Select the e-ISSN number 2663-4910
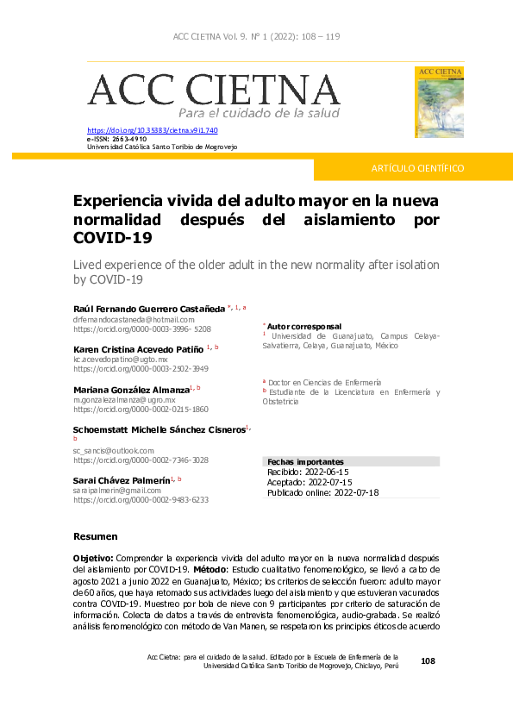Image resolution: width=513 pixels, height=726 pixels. (128, 139)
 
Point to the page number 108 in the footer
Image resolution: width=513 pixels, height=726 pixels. (429, 660)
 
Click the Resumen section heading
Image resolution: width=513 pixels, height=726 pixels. (96, 536)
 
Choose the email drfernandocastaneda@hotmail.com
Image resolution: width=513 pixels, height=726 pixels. (134, 319)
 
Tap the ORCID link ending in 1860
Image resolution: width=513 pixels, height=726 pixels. (141, 410)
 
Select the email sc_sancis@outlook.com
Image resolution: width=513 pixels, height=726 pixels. (113, 451)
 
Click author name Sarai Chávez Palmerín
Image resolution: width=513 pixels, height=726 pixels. (121, 479)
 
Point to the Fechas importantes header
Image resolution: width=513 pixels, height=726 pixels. (306, 462)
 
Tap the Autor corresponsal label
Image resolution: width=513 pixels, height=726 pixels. (304, 327)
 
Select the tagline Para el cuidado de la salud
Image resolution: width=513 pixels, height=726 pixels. (259, 113)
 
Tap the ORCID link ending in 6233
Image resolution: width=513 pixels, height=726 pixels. (141, 499)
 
